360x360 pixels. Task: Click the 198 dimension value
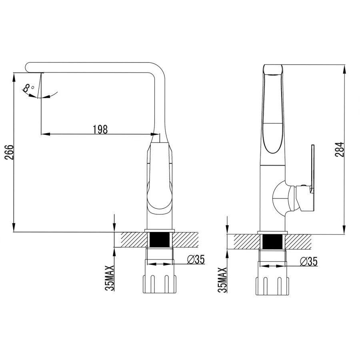[100, 130]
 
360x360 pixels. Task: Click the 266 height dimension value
[10, 152]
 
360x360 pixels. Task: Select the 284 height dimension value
[340, 150]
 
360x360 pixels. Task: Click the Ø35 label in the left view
[196, 260]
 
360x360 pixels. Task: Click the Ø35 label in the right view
[309, 262]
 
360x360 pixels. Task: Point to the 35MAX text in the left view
[110, 278]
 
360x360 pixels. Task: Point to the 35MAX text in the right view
[222, 280]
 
